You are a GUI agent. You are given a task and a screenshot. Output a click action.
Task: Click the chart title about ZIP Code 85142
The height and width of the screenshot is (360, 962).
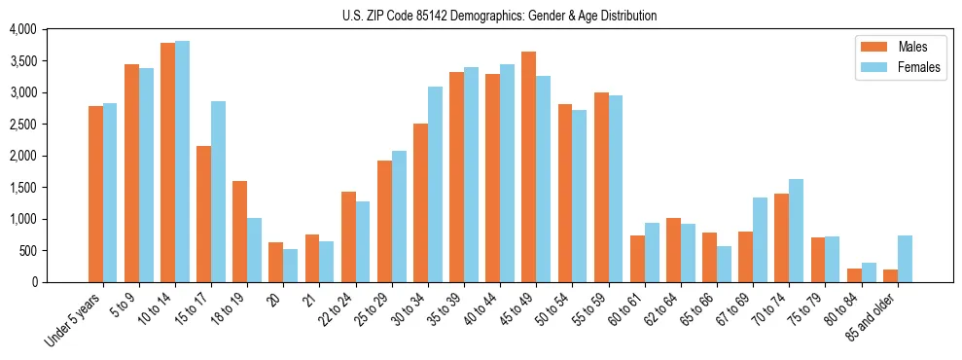coord(499,16)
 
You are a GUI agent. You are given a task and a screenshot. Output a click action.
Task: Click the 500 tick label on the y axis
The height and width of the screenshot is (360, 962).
coord(28,251)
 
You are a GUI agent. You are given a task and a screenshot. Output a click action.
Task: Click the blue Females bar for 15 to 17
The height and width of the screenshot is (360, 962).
coord(218,192)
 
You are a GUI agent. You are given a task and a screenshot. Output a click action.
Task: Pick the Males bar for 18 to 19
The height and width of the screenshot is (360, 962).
coord(239,232)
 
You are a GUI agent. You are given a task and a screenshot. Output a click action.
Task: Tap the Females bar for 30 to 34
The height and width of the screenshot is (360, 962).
coord(435,185)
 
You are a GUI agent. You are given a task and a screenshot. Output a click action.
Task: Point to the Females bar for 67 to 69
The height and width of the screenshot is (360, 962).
coord(760,240)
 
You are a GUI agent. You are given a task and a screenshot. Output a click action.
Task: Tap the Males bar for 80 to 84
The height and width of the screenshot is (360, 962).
coord(853,275)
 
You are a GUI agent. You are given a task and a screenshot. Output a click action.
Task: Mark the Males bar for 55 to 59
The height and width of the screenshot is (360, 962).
coord(601,188)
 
